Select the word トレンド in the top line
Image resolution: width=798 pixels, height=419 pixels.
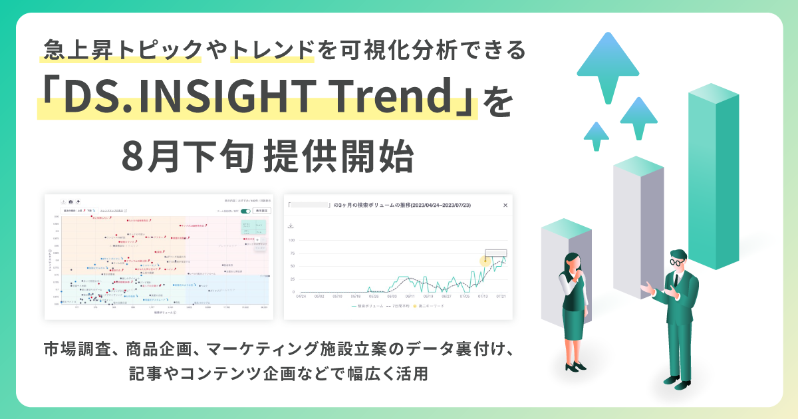271,49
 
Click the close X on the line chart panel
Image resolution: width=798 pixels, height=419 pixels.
505,206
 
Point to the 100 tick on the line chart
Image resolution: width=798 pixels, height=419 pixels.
291,241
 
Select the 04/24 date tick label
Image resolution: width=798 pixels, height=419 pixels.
301,297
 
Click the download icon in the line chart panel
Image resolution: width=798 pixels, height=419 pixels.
291,225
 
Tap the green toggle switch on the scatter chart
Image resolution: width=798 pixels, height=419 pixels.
245,211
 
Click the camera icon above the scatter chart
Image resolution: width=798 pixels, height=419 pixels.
70,200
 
